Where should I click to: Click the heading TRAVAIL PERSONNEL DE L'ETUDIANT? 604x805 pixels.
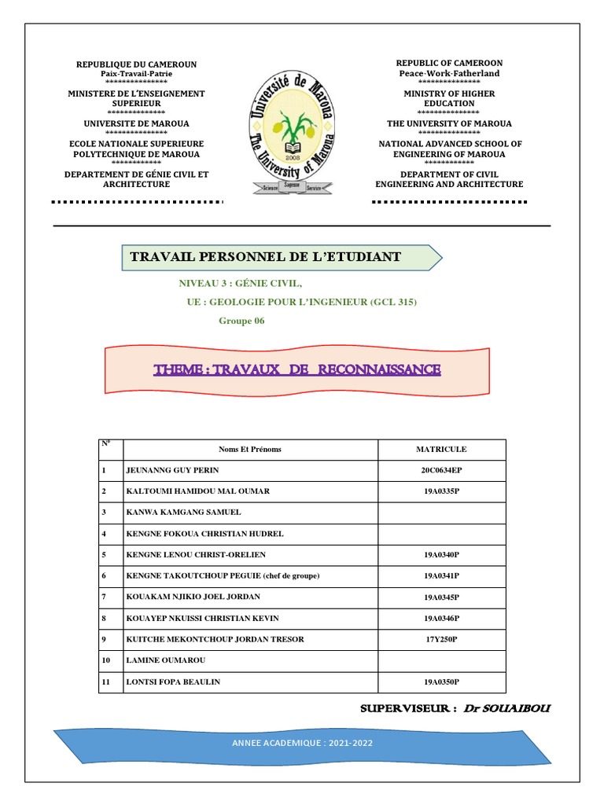coord(265,257)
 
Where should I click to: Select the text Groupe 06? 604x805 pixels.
coord(241,321)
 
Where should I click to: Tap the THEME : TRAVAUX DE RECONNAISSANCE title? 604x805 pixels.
coord(297,369)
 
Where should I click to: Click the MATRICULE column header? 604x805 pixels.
coord(441,450)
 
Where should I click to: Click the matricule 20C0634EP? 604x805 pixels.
coord(441,470)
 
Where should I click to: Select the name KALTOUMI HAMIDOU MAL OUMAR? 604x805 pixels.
coord(197,491)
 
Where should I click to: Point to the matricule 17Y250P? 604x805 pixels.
coord(441,640)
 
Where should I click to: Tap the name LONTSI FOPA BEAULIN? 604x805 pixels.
coord(173,682)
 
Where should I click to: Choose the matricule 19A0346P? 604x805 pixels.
coord(441,619)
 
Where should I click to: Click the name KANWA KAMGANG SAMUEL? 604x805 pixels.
coord(183,513)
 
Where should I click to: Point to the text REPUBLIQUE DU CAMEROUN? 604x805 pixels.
coord(136,64)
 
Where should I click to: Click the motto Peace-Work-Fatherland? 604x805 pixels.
coord(449,73)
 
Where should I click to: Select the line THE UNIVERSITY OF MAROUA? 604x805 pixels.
coord(449,123)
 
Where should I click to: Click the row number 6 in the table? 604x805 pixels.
coord(103,576)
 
